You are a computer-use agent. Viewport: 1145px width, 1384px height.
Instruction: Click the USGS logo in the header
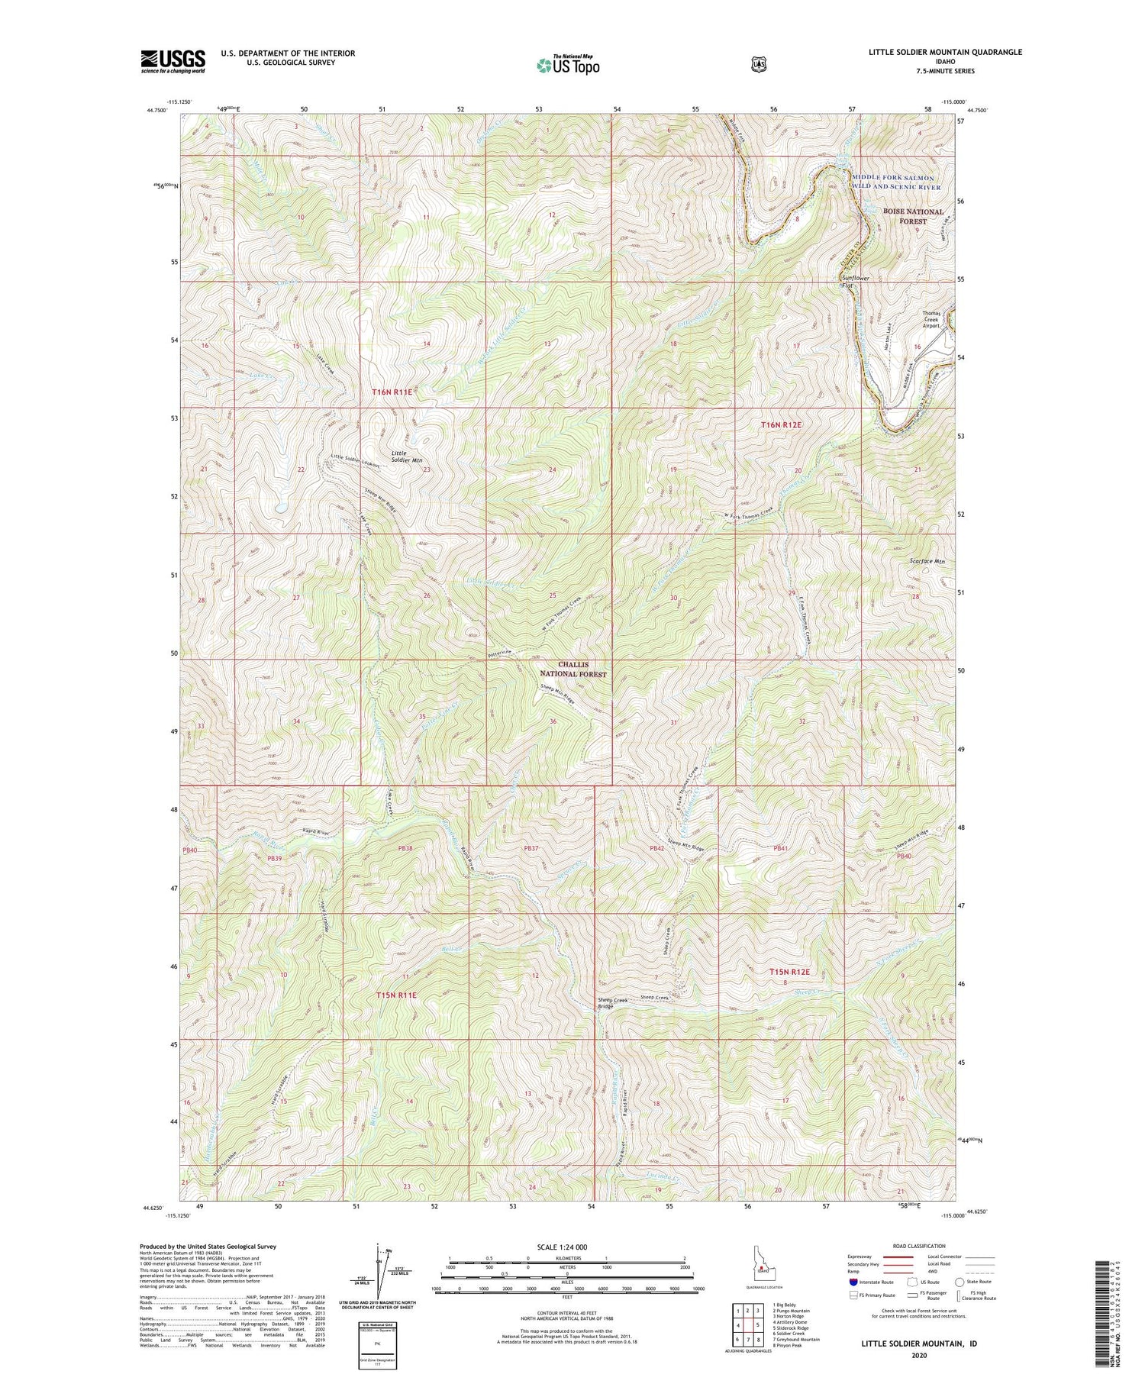(x=173, y=61)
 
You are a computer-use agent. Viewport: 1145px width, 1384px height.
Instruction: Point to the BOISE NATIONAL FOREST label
(x=913, y=216)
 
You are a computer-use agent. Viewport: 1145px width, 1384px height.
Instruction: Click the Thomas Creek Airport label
(x=931, y=319)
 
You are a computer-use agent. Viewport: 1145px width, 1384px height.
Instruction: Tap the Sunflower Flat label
(x=855, y=282)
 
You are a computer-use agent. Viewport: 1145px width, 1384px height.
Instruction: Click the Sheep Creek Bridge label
(x=605, y=1002)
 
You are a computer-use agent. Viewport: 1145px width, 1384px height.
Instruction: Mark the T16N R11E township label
(x=392, y=392)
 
